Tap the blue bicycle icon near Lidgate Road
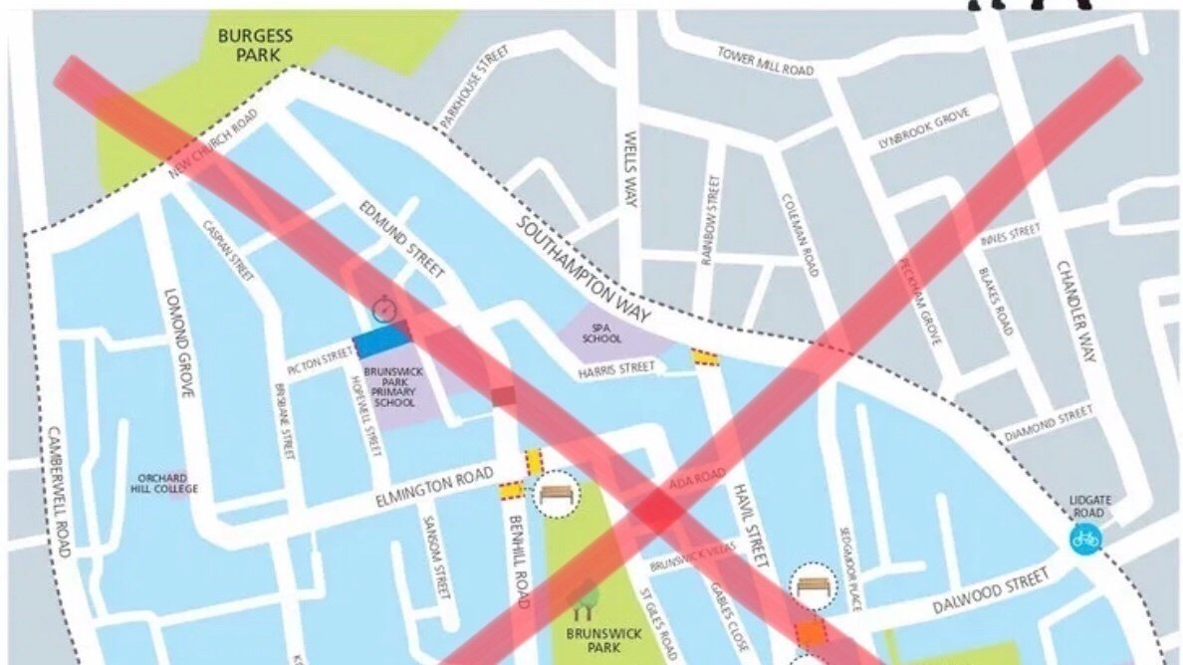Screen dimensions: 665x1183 pos(1085,540)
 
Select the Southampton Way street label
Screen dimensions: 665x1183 pos(584,270)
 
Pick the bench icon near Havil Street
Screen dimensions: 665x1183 pos(815,585)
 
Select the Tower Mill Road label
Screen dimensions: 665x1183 pos(765,61)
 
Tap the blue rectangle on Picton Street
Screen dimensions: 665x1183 pos(382,341)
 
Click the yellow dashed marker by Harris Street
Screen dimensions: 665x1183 pos(706,356)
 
